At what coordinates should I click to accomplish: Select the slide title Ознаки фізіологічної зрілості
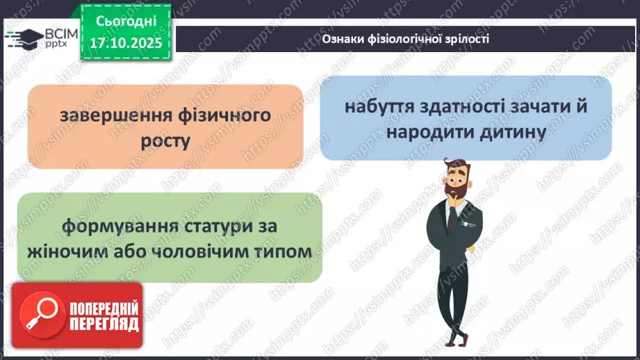[x=406, y=39]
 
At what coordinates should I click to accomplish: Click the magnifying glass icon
[x=40, y=316]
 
